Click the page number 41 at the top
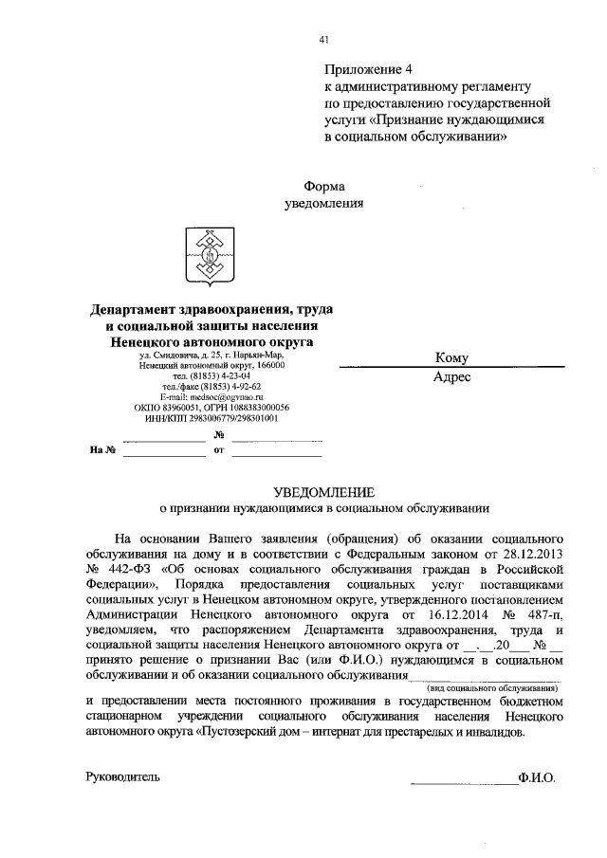(x=324, y=40)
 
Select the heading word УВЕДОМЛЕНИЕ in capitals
(x=324, y=491)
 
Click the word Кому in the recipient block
(x=451, y=357)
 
